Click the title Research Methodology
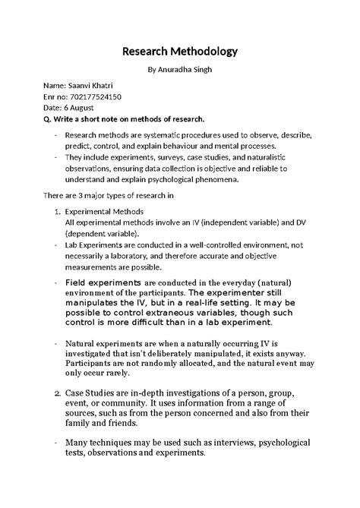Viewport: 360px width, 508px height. tap(180, 52)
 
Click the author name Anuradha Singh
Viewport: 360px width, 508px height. tap(185, 70)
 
